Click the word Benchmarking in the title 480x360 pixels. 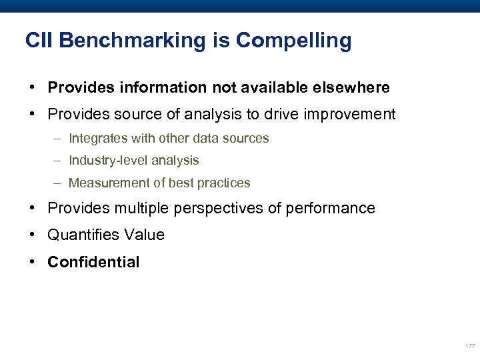coord(131,41)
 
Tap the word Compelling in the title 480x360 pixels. coord(293,41)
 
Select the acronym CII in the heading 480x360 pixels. coord(39,41)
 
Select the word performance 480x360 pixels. coord(331,209)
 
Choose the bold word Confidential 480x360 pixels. coord(93,262)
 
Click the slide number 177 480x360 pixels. coord(469,346)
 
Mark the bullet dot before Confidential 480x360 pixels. coord(32,262)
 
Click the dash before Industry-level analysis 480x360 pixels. coord(58,161)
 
